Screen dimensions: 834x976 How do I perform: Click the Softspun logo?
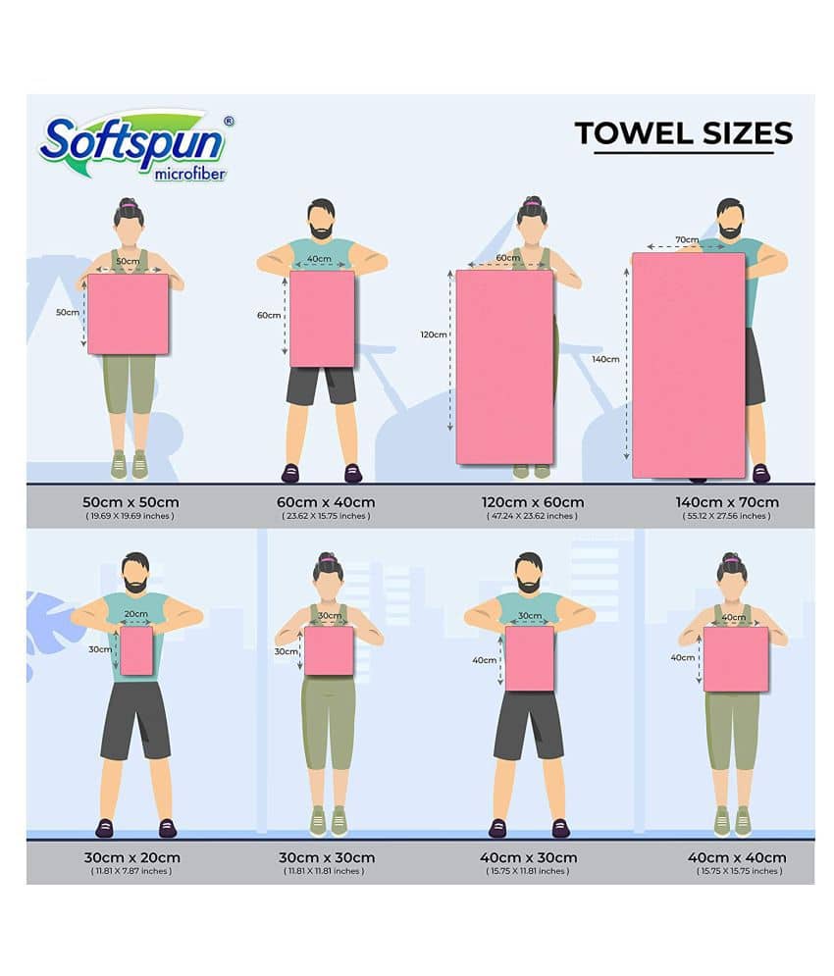point(136,147)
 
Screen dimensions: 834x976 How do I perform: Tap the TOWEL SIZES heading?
point(683,133)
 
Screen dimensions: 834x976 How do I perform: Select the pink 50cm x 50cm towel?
point(128,314)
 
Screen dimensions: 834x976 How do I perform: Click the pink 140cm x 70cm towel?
point(688,365)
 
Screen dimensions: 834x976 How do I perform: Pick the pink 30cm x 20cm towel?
point(136,650)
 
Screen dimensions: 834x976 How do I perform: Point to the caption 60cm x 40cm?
point(326,502)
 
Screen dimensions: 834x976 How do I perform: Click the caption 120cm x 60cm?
point(533,502)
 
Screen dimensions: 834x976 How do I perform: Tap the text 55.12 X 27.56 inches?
point(726,516)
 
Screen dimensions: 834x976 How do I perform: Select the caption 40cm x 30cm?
point(528,857)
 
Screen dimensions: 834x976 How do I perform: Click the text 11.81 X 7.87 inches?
point(130,871)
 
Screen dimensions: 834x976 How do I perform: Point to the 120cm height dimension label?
point(434,334)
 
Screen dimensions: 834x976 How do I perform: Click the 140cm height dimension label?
point(605,359)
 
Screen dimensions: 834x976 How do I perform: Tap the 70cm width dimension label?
point(687,239)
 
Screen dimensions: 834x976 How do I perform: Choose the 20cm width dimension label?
point(135,614)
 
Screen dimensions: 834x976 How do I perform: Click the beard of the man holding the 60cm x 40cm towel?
point(322,231)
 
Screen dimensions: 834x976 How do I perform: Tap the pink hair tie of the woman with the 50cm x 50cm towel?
point(129,204)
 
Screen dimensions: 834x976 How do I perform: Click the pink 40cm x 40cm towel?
point(736,659)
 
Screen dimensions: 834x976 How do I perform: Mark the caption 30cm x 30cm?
point(327,857)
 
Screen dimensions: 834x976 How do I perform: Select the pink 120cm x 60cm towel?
point(504,367)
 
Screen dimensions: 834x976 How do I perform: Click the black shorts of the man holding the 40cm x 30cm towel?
point(528,725)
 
